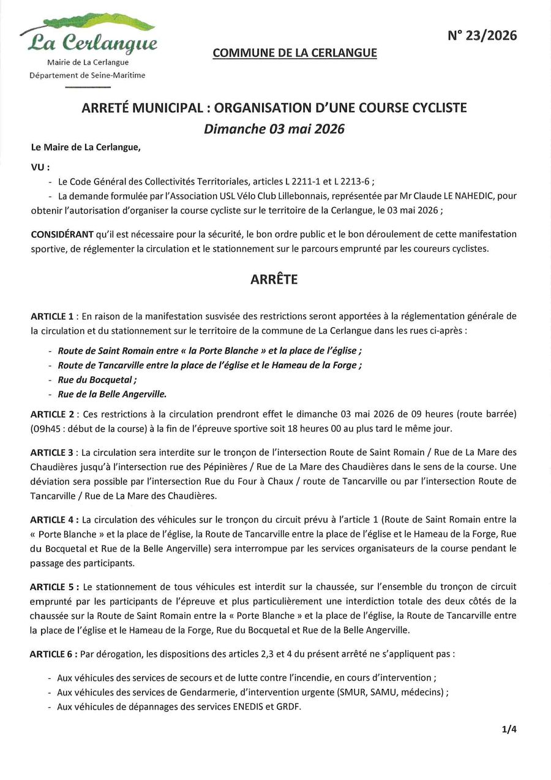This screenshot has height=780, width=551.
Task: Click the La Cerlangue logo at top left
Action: tap(88, 37)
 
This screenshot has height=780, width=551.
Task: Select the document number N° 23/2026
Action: tap(482, 36)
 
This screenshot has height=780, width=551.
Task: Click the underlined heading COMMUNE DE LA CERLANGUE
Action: tap(294, 53)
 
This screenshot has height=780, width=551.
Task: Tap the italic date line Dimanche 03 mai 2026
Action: tap(274, 129)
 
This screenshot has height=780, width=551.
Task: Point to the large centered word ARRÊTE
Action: tap(274, 279)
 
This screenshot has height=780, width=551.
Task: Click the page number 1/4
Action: tap(509, 729)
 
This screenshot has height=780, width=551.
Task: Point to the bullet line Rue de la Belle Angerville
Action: tap(112, 395)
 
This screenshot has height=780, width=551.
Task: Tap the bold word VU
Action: tap(39, 167)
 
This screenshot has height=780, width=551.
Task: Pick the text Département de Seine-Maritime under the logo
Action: tap(88, 75)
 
